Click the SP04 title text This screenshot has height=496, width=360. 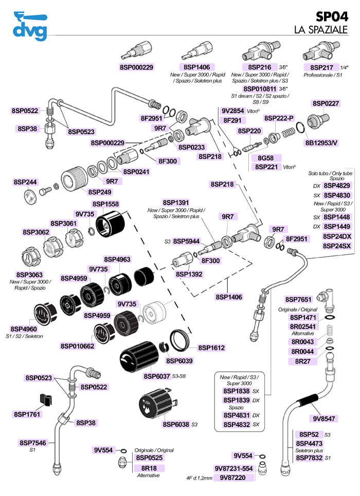coord(332,16)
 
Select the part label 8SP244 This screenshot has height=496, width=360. coord(25,182)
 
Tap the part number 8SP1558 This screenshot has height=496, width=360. coord(105,204)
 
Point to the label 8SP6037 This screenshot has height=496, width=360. coord(157,376)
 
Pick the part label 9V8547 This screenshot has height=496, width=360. coord(323,418)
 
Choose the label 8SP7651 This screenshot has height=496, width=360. coord(298,299)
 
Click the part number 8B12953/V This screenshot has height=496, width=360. coord(321,143)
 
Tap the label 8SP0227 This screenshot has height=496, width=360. coord(326,103)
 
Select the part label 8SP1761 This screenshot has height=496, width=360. coord(27,414)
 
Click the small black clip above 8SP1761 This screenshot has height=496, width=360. coord(45,399)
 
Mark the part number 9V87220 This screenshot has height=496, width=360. coord(233,477)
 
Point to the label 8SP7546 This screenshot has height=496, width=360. coord(32,443)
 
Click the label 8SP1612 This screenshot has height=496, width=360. coord(211,347)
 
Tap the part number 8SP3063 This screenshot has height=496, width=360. coord(29,274)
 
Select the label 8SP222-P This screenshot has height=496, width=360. coord(279,118)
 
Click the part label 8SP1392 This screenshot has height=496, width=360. coord(189,274)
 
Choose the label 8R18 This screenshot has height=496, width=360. coord(149,468)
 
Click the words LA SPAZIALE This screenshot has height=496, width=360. coord(321,29)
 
